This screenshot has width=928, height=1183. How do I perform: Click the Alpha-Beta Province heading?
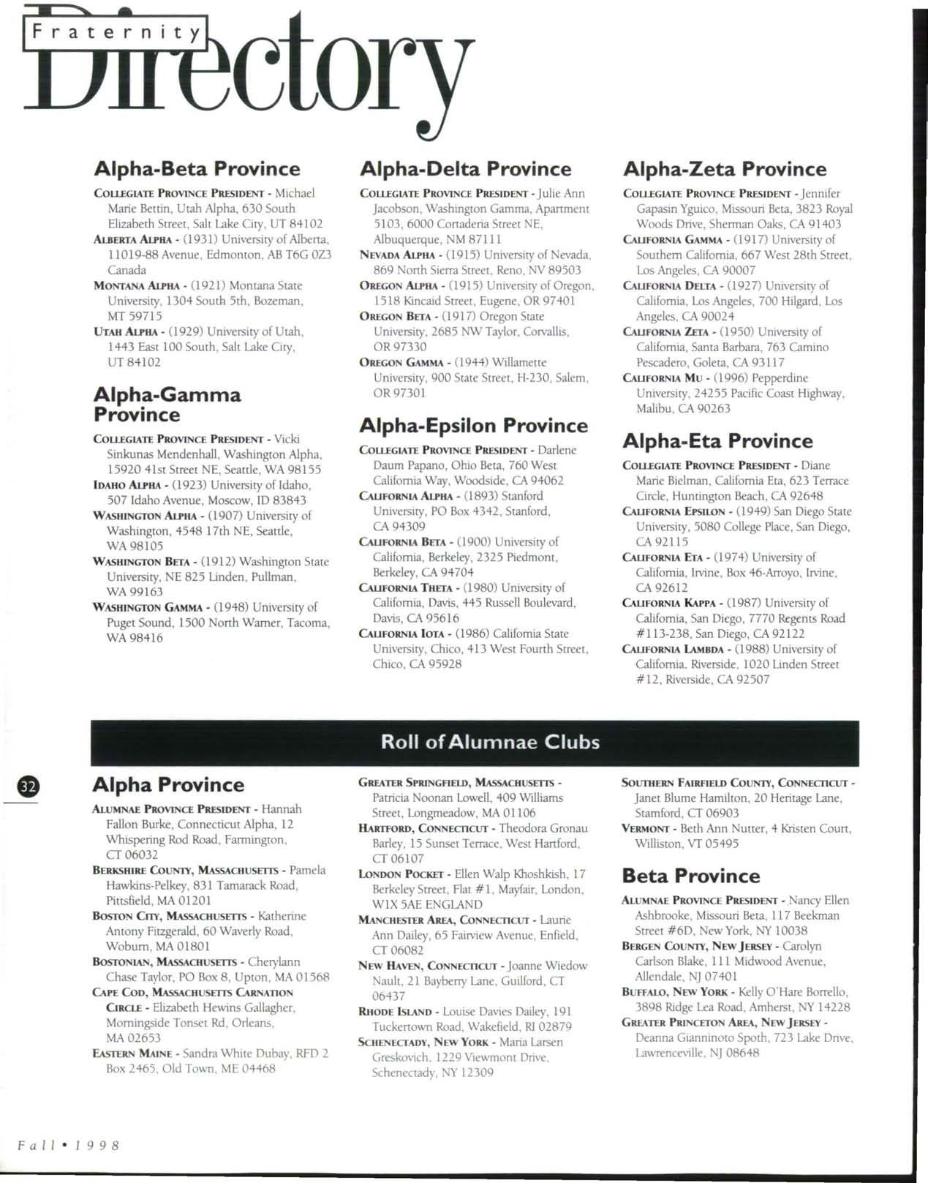point(197,169)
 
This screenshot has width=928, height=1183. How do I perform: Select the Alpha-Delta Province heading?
point(465,169)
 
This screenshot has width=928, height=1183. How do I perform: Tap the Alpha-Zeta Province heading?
point(724,169)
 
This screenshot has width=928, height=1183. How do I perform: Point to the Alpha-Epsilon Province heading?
point(473,426)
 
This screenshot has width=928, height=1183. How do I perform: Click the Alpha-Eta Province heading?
point(717,441)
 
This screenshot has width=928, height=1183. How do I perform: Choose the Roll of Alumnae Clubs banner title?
point(490,742)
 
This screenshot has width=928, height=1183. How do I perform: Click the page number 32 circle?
point(28,786)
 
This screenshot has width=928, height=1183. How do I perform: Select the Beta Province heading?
point(690,876)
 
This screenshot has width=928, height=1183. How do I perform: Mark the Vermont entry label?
point(646,829)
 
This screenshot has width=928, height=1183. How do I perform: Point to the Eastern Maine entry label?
point(132,1054)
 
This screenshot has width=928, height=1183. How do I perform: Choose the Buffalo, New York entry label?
point(674,992)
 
